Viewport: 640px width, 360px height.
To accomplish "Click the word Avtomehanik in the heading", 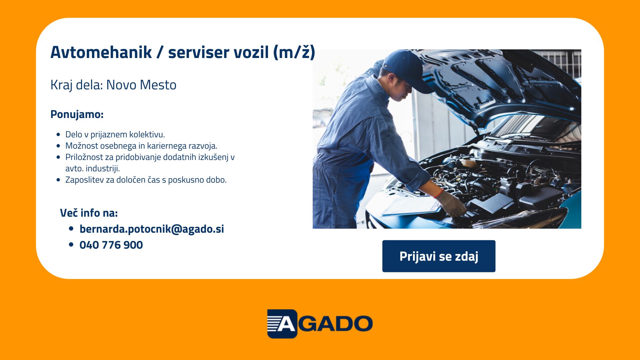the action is coord(101,52).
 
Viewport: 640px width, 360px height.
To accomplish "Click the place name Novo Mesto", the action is coord(141,85).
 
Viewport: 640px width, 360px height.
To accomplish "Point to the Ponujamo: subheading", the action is coord(77,114).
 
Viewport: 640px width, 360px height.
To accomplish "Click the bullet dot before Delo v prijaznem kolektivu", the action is coord(59,135).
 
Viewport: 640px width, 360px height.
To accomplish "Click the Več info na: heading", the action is coord(89,213).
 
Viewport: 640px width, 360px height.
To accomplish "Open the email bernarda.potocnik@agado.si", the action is coord(152,229).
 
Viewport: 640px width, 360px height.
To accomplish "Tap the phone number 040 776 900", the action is coord(111,245).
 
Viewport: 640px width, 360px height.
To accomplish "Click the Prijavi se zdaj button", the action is coord(439,256).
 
